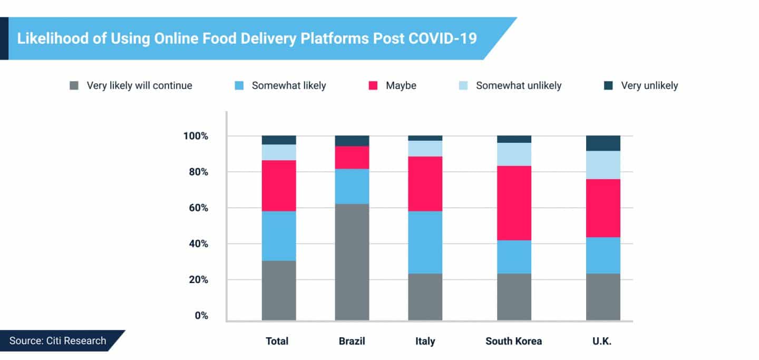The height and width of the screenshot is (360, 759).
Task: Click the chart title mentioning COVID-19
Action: point(247,38)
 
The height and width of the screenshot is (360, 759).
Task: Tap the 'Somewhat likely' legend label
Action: point(288,85)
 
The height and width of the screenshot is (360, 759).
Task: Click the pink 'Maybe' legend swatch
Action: point(374,85)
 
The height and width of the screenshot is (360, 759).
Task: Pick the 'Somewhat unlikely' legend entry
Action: point(518,85)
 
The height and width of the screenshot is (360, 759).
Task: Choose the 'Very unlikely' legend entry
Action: point(649,85)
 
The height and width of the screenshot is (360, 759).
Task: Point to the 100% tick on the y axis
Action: point(196,137)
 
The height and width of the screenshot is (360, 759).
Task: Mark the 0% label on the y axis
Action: point(201,316)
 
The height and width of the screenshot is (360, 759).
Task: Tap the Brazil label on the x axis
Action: point(352,341)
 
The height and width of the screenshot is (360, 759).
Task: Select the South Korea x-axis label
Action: point(513,341)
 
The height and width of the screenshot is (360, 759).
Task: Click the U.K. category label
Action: point(602,341)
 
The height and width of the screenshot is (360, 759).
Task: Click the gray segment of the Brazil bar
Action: point(352,261)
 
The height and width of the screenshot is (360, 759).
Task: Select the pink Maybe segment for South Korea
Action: point(514,203)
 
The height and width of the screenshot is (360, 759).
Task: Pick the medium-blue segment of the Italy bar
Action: point(425,242)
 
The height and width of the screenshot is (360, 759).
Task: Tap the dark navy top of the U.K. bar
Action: point(603,143)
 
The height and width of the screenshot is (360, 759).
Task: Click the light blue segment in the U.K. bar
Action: point(603,165)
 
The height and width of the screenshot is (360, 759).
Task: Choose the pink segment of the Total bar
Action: point(279,186)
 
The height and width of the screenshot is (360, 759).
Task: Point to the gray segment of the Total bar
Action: point(279,290)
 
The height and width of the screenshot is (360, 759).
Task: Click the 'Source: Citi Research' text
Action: point(57,340)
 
